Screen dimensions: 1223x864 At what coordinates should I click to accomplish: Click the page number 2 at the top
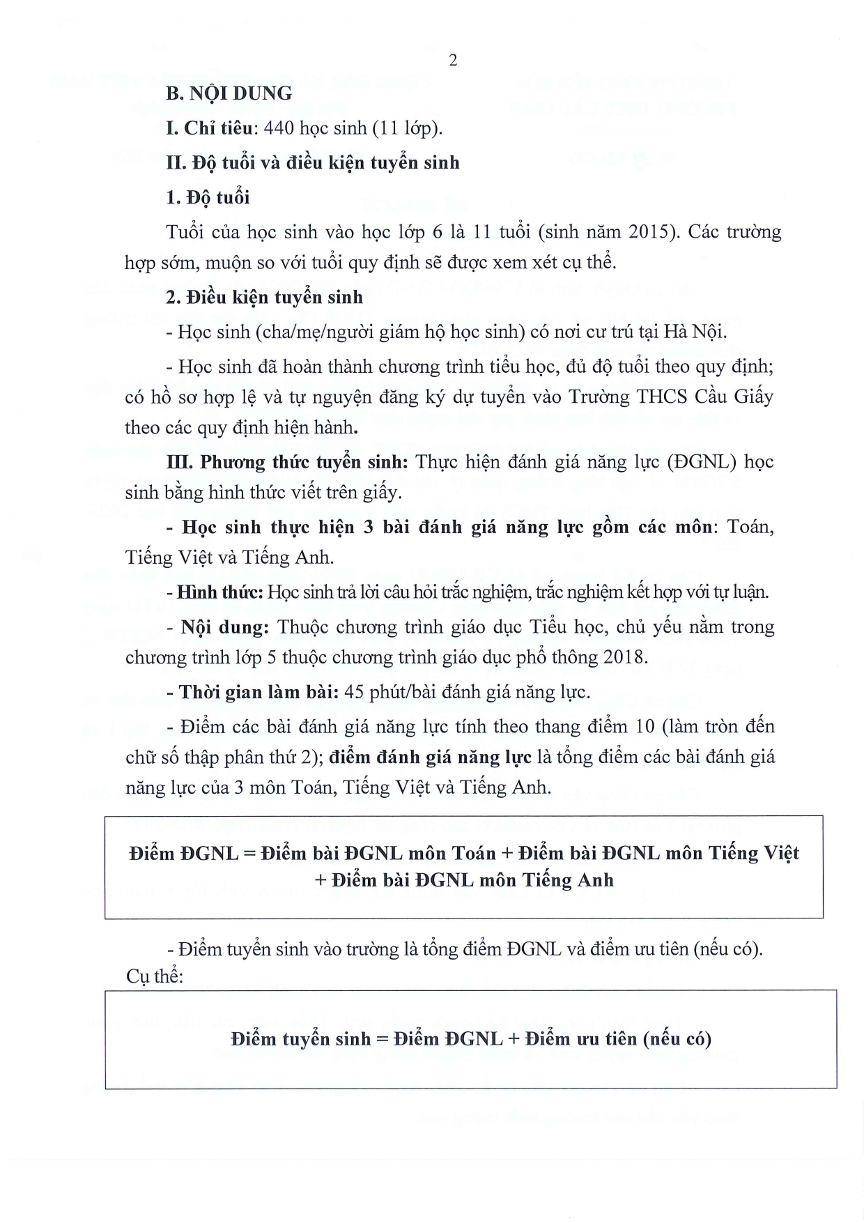pos(453,61)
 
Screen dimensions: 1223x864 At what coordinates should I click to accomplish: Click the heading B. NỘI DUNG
pos(229,93)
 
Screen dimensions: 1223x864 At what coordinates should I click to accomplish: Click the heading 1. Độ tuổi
pos(208,197)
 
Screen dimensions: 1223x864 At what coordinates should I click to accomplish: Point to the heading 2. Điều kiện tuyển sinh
pos(264,297)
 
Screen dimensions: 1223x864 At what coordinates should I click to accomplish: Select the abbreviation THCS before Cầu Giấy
pos(662,397)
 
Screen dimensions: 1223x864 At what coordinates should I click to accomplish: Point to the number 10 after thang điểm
pos(645,726)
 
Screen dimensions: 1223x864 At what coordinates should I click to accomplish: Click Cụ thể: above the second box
pos(155,976)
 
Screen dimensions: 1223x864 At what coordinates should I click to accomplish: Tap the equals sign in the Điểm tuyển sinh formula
pos(381,1039)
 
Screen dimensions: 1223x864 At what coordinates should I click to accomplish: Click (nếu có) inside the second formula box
pos(677,1039)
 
